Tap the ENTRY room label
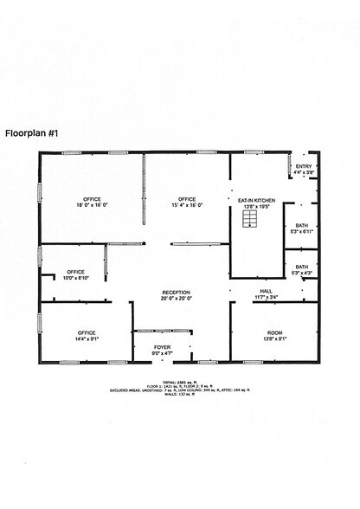click(x=304, y=166)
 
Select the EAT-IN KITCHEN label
click(x=256, y=200)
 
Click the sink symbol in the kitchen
click(x=250, y=222)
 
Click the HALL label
click(x=267, y=291)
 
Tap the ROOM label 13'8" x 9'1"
click(x=274, y=333)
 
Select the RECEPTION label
click(x=177, y=293)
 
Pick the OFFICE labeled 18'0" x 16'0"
click(x=93, y=200)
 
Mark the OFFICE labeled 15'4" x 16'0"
click(x=187, y=200)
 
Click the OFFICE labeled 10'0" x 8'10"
click(x=76, y=272)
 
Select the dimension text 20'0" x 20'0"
click(x=177, y=299)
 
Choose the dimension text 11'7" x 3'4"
click(x=267, y=297)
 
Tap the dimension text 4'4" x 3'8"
click(x=304, y=172)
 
